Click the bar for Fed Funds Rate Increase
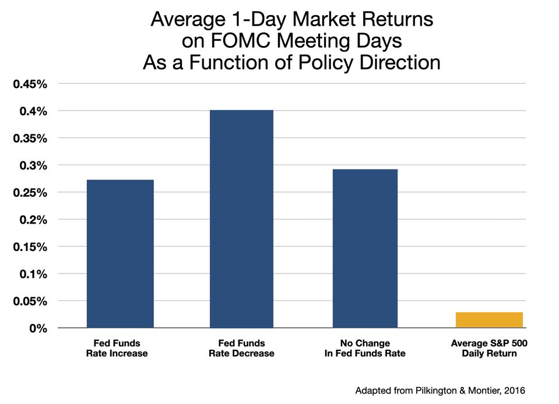120,254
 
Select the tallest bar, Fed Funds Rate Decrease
242,219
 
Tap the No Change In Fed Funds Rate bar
365,249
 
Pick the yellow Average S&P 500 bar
489,320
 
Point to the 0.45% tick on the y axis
30,84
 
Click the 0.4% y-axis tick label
34,111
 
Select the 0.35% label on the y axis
30,139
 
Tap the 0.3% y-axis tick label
34,166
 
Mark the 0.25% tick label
30,193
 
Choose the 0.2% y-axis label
34,220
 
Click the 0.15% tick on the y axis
30,247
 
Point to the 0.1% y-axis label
34,274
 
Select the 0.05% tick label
30,302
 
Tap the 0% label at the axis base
38,328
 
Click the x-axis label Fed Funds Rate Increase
120,348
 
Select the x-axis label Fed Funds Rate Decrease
242,348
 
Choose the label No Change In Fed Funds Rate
365,348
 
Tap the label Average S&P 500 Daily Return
489,348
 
